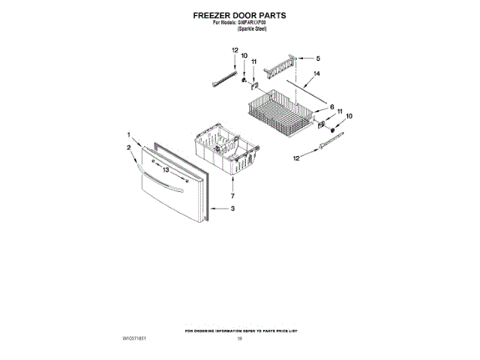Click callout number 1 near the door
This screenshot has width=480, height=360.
tap(129, 134)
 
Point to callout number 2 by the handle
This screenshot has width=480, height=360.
tap(129, 148)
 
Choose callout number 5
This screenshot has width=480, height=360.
tap(317, 58)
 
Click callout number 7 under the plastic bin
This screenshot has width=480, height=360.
tap(233, 196)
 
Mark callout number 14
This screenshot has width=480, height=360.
tap(316, 74)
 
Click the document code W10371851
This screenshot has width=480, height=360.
tap(133, 339)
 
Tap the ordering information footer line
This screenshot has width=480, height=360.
tap(240, 330)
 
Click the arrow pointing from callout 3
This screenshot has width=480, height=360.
tap(218, 208)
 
